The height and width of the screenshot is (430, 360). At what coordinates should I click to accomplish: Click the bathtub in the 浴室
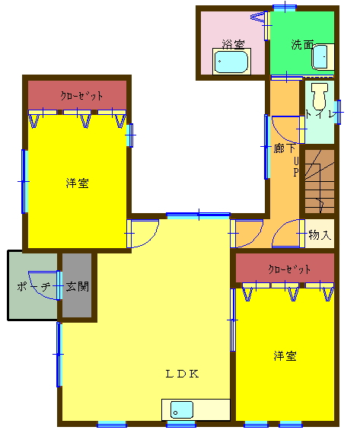coord(231,62)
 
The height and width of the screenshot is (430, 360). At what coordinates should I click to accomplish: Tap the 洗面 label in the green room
coord(302,45)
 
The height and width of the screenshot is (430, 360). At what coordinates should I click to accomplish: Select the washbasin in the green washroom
coord(323,57)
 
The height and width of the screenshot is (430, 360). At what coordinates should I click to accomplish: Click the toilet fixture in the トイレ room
coord(320,96)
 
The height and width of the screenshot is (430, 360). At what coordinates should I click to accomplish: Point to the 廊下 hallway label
coord(285,148)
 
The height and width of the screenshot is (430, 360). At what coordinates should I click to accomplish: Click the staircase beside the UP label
coord(320,181)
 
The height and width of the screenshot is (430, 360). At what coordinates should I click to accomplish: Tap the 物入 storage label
coord(320,234)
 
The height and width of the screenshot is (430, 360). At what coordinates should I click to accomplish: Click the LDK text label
coord(182,374)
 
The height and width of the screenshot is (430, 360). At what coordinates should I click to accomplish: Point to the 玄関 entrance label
coord(78,287)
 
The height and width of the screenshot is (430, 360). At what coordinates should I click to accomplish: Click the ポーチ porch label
coord(33,287)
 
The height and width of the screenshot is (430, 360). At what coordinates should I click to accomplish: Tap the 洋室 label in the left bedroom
coord(78,183)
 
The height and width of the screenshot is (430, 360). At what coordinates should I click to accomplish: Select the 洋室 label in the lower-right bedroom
coord(285,355)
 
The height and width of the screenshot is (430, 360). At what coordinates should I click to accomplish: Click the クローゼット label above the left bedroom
coord(81,96)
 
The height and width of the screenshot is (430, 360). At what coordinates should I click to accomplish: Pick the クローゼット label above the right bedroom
coord(289,269)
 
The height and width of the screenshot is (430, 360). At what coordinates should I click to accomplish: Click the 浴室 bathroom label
coord(234,44)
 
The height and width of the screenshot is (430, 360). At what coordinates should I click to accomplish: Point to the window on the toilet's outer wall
coord(339,112)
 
